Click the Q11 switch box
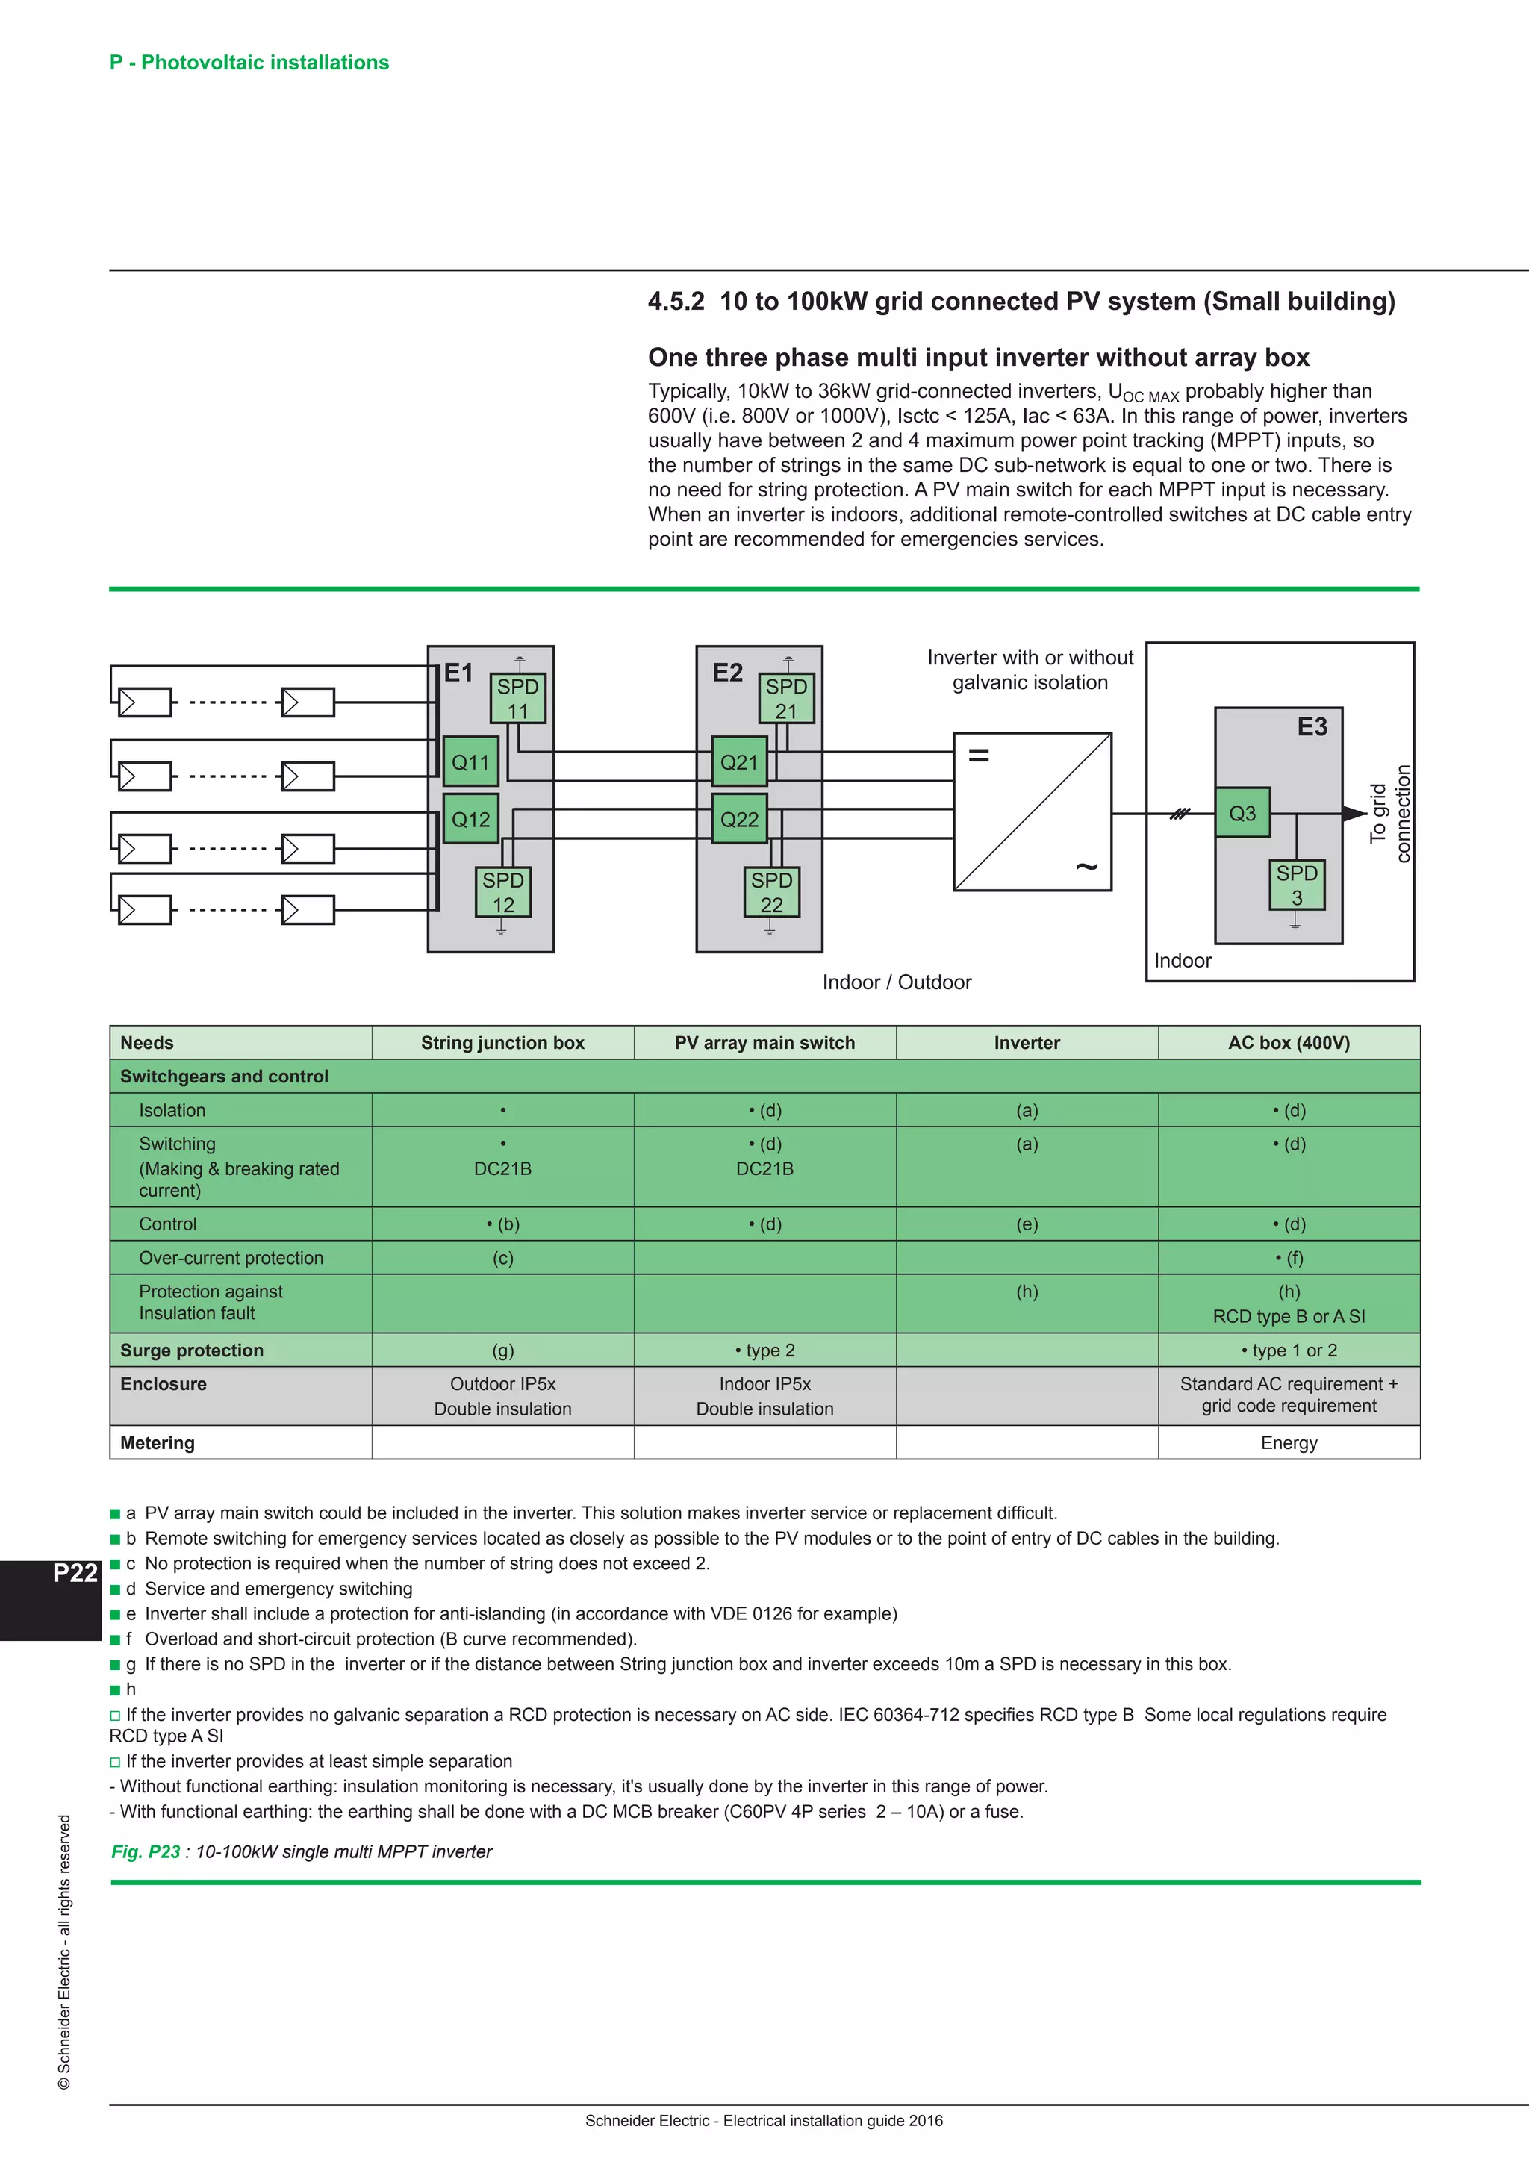click(471, 763)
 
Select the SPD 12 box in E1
click(502, 891)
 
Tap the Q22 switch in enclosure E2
click(739, 819)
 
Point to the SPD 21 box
click(786, 698)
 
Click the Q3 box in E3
click(1242, 813)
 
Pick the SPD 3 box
click(1297, 884)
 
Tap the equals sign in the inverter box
click(980, 754)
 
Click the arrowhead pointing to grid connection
click(1354, 814)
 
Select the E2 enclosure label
click(728, 673)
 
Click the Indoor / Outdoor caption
click(897, 982)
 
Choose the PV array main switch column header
click(764, 1042)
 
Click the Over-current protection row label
click(231, 1258)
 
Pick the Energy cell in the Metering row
click(1289, 1442)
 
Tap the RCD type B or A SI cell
click(1289, 1316)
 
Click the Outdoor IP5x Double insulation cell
click(502, 1395)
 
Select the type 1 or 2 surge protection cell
click(1289, 1351)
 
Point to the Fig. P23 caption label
click(146, 1852)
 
